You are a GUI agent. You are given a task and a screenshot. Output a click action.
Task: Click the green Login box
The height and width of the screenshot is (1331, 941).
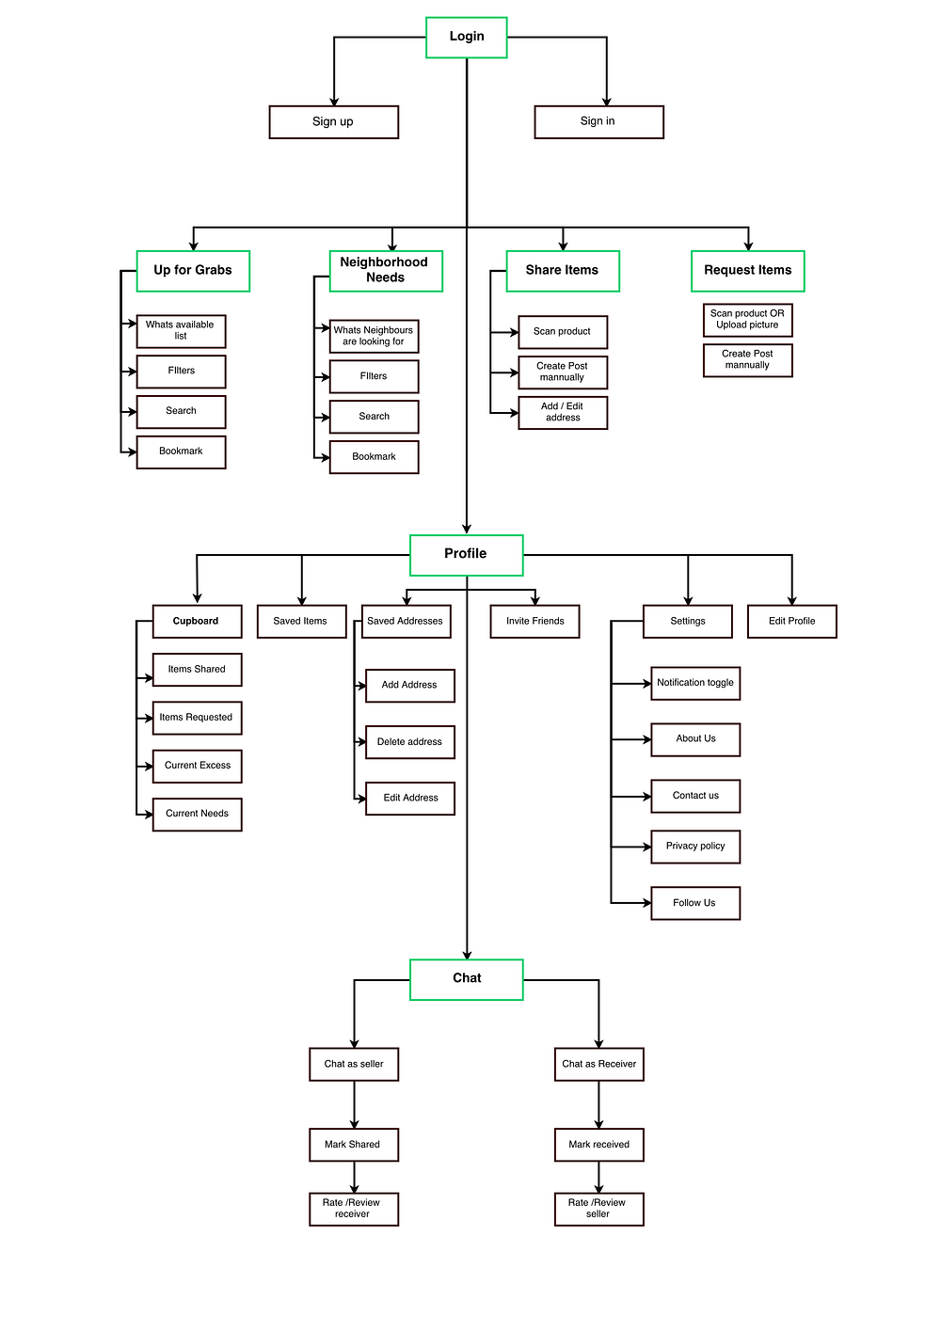(466, 38)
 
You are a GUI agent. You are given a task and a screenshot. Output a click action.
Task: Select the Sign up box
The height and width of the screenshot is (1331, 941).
(333, 121)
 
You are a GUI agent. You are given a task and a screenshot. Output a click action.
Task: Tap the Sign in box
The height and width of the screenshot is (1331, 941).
(598, 121)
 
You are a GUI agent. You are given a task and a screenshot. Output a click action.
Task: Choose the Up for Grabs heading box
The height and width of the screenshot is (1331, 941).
(193, 271)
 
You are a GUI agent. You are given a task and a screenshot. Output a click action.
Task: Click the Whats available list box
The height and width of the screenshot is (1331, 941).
(182, 331)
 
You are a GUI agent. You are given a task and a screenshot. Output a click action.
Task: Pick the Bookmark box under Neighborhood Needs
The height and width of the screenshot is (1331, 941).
(374, 456)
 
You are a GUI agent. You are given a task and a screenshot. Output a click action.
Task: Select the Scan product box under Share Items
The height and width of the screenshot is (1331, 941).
(563, 331)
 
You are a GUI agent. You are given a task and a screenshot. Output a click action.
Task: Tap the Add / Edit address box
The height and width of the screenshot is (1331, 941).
(563, 412)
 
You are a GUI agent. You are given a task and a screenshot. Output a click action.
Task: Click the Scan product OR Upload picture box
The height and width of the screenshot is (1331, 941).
(747, 320)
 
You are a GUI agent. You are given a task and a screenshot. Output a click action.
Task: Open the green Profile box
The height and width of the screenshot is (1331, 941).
(466, 555)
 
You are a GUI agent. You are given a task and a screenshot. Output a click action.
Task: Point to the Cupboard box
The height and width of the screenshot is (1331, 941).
(197, 621)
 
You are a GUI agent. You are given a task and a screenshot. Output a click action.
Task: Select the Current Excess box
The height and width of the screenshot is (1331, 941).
(197, 766)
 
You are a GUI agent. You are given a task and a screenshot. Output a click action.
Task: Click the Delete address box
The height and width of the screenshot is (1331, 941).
(409, 741)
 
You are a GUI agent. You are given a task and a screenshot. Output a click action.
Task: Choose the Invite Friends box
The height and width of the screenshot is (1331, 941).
(534, 621)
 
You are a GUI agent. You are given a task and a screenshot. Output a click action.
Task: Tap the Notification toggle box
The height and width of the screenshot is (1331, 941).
(694, 683)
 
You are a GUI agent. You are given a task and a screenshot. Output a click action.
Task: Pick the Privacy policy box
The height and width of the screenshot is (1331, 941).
(694, 847)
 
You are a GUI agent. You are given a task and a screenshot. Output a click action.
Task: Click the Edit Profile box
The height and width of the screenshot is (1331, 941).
(791, 621)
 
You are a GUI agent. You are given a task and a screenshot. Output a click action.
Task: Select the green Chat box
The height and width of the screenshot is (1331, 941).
(466, 979)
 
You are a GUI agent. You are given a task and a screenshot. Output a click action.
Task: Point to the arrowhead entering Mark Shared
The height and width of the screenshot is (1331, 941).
(355, 1124)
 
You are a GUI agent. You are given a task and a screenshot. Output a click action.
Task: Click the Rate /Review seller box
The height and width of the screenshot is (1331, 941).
(598, 1209)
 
